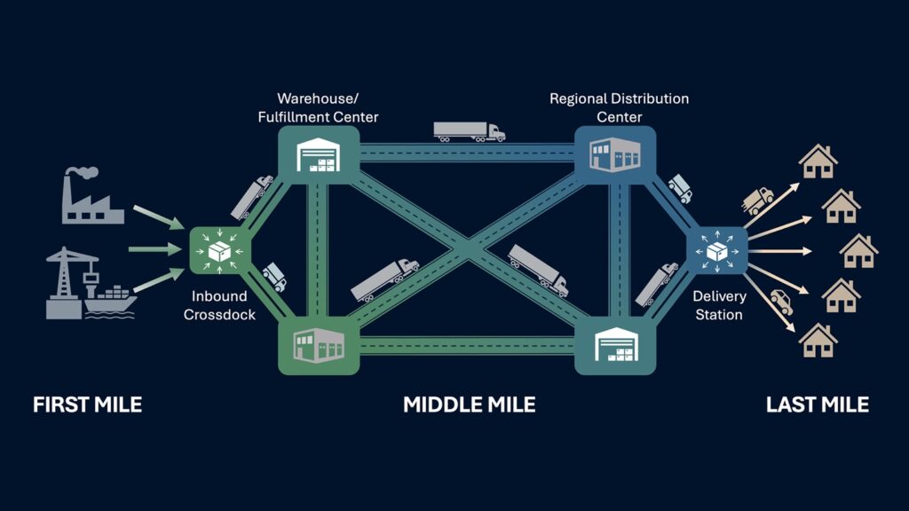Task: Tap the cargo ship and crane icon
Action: pyautogui.click(x=91, y=283)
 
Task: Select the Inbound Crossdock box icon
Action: pyautogui.click(x=220, y=251)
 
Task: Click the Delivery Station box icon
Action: pyautogui.click(x=717, y=251)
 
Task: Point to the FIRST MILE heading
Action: pyautogui.click(x=88, y=405)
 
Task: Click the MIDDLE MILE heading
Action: pyautogui.click(x=469, y=405)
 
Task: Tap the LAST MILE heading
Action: pyautogui.click(x=818, y=405)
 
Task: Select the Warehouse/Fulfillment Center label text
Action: pyautogui.click(x=318, y=107)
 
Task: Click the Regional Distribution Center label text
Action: pyautogui.click(x=619, y=107)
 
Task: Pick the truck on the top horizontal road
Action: pyautogui.click(x=469, y=131)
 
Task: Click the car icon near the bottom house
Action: pyautogui.click(x=781, y=302)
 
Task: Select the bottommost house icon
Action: pyautogui.click(x=818, y=340)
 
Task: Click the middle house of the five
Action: pyautogui.click(x=858, y=251)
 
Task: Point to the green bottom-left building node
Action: pyautogui.click(x=319, y=345)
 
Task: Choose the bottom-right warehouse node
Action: pyautogui.click(x=615, y=345)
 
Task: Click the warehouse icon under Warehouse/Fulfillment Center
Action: pyautogui.click(x=319, y=155)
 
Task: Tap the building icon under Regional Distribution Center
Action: pyautogui.click(x=615, y=154)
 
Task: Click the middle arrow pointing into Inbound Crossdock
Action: pyautogui.click(x=155, y=249)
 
